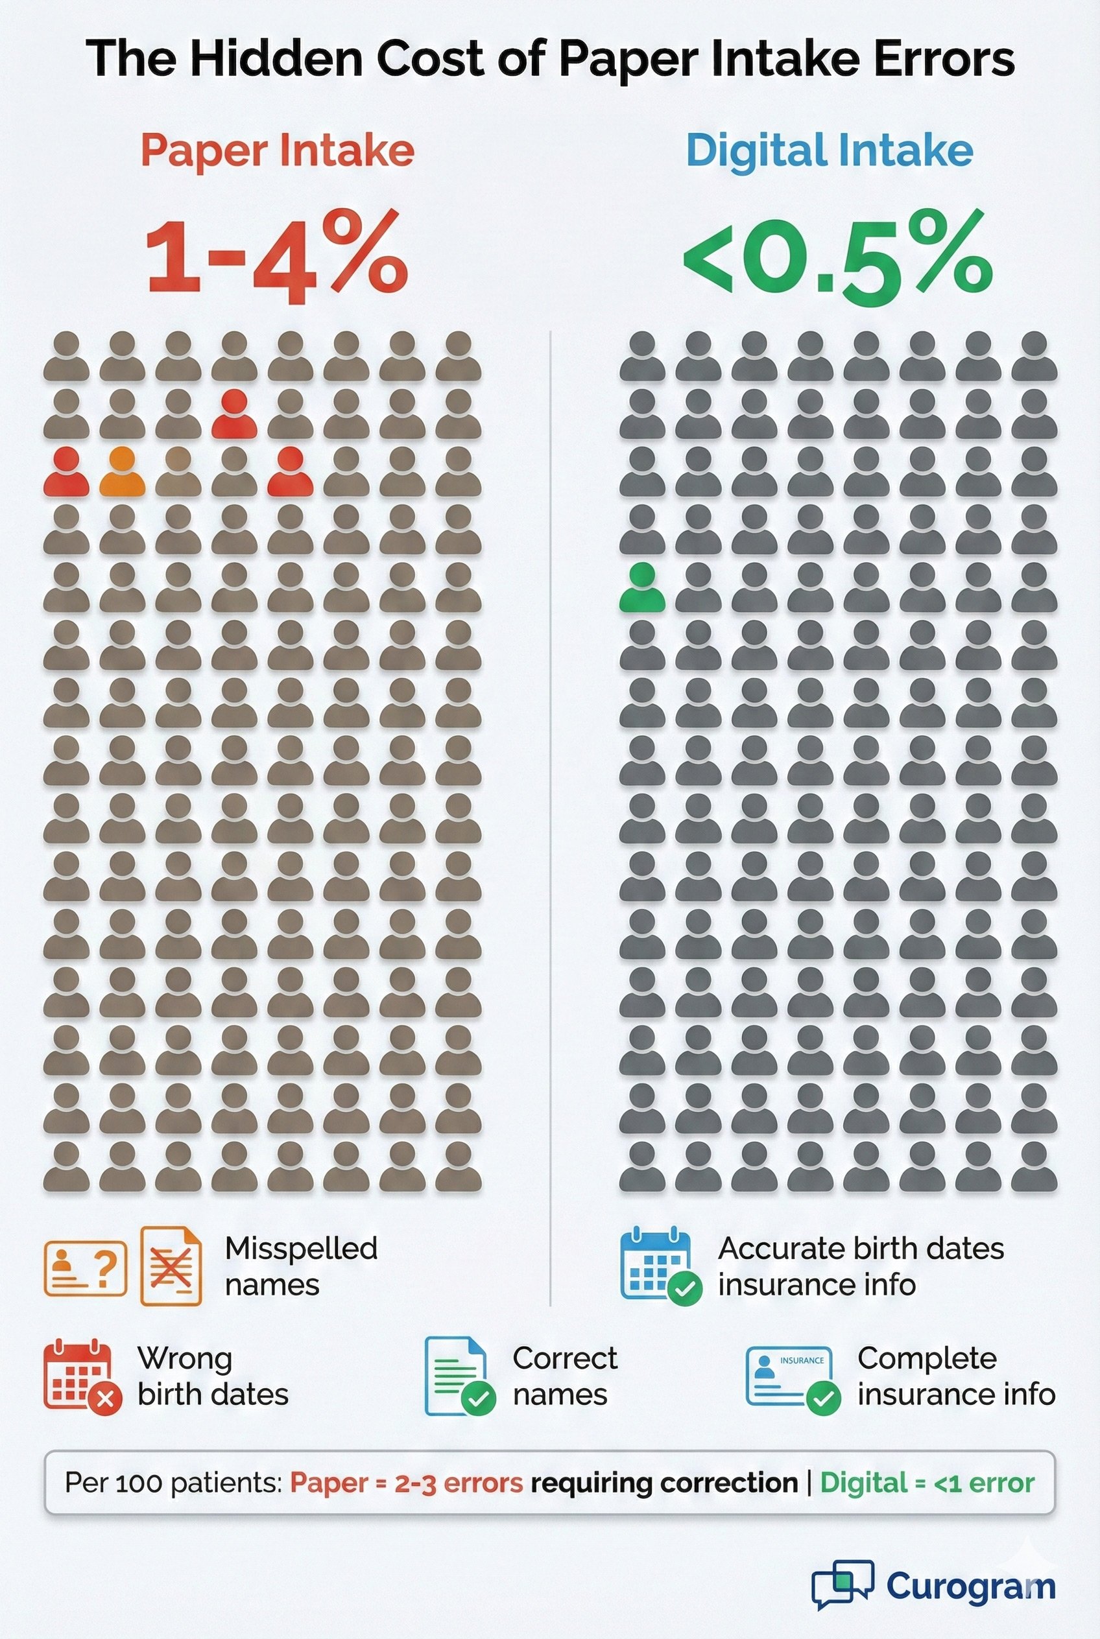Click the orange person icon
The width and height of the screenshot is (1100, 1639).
pos(122,472)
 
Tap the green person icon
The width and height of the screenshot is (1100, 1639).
pos(642,589)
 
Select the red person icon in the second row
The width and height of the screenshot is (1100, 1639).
pos(233,414)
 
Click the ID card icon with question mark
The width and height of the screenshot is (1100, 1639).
pos(86,1268)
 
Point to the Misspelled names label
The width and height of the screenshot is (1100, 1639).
pos(301,1267)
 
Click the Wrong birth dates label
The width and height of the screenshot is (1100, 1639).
pos(213,1376)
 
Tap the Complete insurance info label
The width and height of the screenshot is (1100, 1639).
pos(955,1376)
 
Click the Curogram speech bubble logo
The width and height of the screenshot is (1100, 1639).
pos(842,1584)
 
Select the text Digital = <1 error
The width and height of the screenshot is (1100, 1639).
pos(927,1483)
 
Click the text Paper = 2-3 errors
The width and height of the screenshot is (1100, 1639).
pos(406,1483)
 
